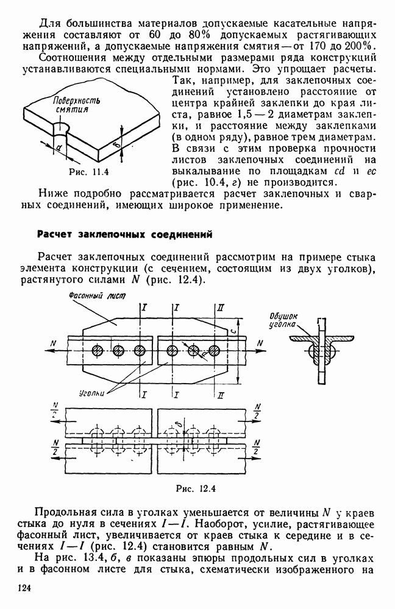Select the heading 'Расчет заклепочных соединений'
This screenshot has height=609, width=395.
click(124, 233)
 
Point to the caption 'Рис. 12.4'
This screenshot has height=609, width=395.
click(197, 487)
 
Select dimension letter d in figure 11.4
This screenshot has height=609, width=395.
click(57, 147)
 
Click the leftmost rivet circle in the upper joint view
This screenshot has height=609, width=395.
click(97, 350)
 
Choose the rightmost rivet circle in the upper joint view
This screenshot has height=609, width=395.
click(213, 350)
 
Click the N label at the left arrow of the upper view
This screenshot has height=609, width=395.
click(54, 344)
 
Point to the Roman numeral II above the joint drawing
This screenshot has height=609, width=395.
click(219, 309)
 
